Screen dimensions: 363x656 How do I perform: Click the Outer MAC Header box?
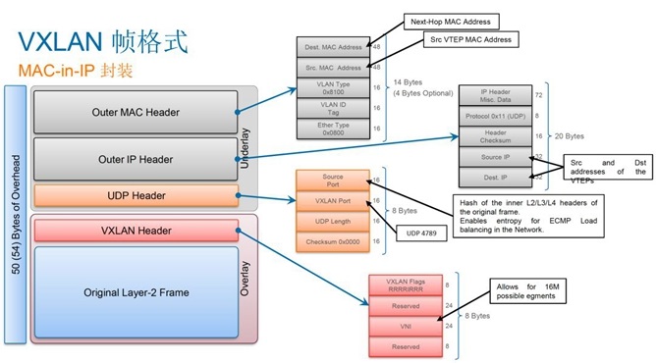(x=136, y=112)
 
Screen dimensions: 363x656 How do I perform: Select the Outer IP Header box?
(x=136, y=159)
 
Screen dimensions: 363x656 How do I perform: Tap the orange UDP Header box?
(x=136, y=196)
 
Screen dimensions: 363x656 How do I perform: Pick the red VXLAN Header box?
(x=136, y=232)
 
